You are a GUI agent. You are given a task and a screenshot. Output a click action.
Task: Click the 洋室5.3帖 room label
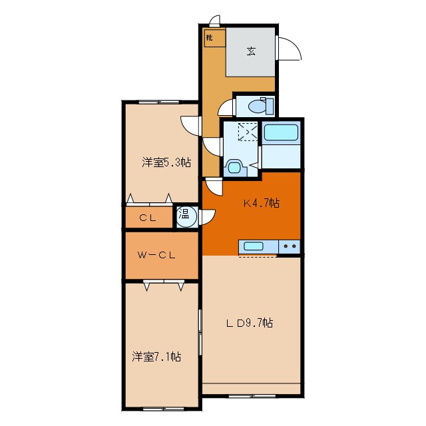166,162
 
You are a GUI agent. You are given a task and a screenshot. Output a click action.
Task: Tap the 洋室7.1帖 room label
156,357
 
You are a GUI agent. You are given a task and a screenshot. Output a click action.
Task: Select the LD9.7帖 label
250,323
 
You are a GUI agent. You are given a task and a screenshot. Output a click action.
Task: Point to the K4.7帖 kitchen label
262,203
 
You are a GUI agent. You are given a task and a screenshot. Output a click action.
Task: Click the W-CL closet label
156,255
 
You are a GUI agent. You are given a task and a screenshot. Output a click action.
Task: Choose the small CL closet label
148,218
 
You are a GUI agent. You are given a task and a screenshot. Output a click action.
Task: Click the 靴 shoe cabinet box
214,37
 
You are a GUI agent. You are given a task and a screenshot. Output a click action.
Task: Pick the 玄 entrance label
251,51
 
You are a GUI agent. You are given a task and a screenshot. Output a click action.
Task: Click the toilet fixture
261,106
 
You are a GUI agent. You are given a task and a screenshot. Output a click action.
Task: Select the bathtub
281,132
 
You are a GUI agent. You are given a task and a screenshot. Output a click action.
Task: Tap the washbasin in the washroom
234,167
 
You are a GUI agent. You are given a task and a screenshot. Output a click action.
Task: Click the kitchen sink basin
253,246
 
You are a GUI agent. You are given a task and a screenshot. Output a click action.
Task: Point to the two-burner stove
290,247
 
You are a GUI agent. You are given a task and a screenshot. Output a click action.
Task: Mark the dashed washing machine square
248,132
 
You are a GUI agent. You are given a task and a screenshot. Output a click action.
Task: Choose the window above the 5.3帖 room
159,102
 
